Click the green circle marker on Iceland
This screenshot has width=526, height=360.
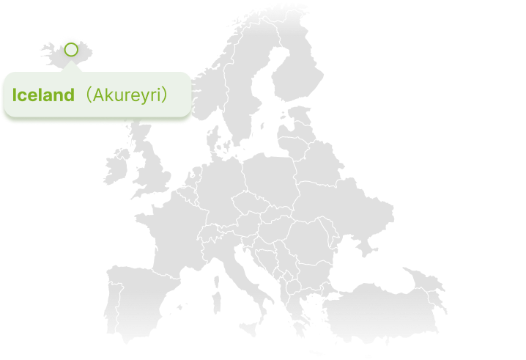70,50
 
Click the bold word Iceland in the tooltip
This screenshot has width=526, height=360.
43,95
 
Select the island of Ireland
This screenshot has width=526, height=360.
115,167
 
